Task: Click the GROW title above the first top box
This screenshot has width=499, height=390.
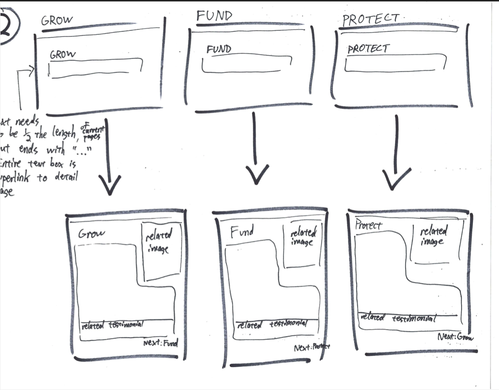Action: [x=58, y=20]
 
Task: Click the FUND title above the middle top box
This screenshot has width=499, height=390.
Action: [x=214, y=16]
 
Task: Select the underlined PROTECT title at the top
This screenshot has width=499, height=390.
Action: [x=370, y=20]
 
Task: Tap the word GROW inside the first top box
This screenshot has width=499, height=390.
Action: [x=63, y=55]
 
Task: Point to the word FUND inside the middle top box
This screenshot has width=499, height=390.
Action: [x=219, y=49]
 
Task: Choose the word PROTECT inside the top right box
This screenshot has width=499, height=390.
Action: [x=368, y=49]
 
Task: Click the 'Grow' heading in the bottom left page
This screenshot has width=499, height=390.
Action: [x=91, y=233]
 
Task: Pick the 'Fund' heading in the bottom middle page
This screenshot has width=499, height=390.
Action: [x=242, y=231]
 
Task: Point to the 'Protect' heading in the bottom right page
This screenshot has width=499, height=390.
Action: [x=368, y=225]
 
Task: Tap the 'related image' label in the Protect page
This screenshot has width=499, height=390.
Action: [x=433, y=236]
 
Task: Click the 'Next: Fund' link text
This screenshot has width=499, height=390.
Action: [x=162, y=344]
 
